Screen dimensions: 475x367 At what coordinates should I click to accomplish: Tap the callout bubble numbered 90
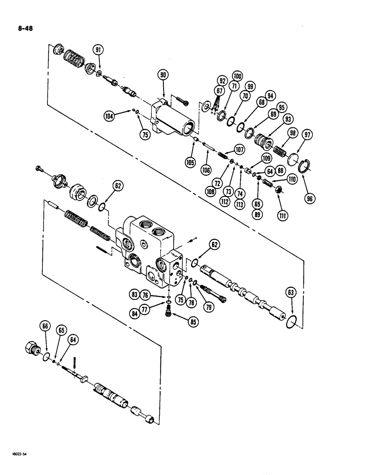pyautogui.click(x=163, y=74)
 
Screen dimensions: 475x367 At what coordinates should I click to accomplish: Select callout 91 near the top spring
pyautogui.click(x=98, y=49)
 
